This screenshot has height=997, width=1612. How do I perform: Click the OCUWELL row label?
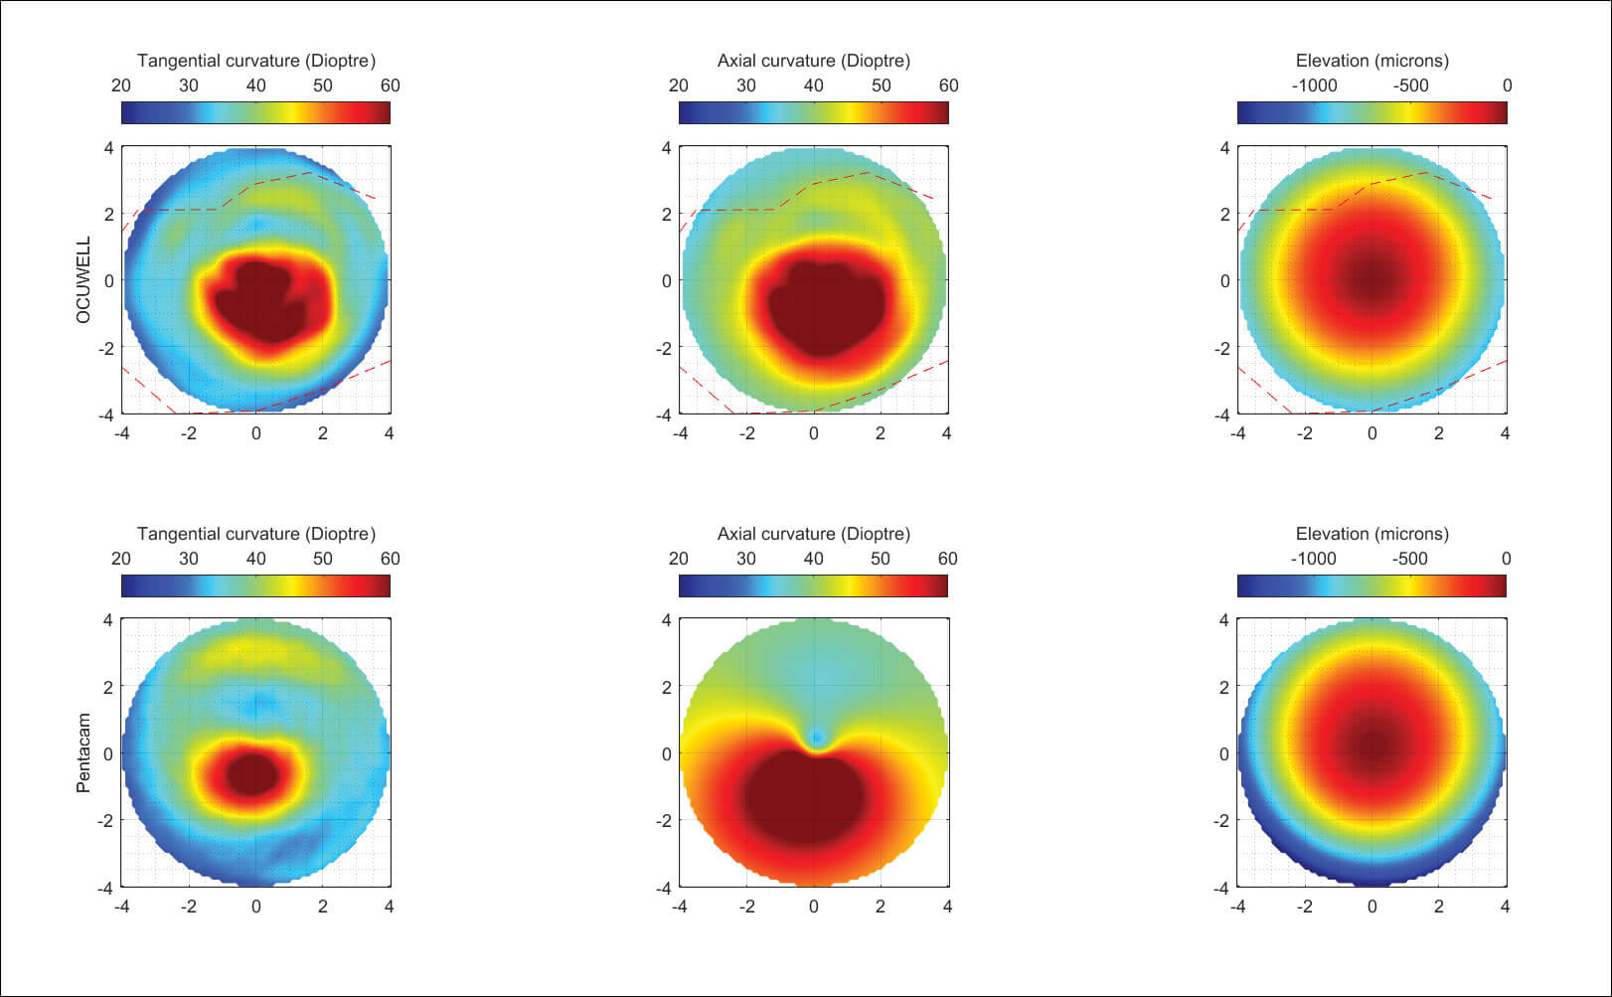(83, 279)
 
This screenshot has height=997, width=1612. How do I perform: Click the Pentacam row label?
(83, 752)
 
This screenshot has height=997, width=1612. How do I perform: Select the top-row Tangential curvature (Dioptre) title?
(256, 61)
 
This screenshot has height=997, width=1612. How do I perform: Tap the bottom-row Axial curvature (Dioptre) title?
(813, 534)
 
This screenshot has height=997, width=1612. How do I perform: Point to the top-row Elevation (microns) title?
(1371, 61)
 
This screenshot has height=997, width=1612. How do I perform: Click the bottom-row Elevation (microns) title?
(1371, 534)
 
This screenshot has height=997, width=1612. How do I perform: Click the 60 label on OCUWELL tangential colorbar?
(390, 85)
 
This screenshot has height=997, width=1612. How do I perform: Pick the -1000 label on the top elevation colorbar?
(1314, 85)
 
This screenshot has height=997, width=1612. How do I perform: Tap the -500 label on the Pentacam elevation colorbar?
(1409, 559)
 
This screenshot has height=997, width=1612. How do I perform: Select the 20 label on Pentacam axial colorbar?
(679, 559)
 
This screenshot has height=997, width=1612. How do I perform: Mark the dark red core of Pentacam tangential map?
(253, 773)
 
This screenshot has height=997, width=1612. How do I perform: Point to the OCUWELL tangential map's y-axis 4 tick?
(109, 148)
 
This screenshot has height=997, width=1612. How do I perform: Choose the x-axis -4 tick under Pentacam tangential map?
(122, 907)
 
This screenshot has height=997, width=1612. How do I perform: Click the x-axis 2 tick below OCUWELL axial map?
(881, 433)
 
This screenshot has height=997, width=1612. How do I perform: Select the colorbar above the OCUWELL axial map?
(813, 112)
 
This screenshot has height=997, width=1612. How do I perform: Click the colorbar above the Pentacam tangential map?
(255, 585)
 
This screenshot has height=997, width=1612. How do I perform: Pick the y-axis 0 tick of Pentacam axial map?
(667, 753)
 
